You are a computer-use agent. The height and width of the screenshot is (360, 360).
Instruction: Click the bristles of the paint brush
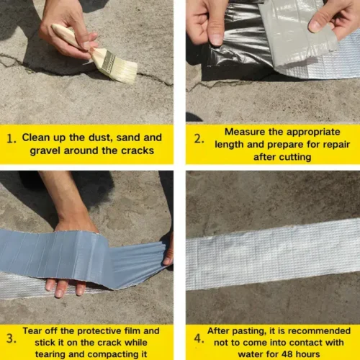pos(123,70)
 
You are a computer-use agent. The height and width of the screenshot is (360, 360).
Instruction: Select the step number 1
pos(12,139)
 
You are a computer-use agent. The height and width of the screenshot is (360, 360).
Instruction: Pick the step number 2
pos(199,139)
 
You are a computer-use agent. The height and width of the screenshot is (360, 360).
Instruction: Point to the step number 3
pos(12,338)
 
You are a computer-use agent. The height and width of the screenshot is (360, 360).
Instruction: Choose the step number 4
pos(199,338)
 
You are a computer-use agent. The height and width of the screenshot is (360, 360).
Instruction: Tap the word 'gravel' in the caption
pos(45,151)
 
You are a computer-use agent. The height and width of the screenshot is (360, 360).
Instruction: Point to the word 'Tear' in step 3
pos(32,330)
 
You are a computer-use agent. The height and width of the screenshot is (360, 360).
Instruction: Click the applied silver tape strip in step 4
pos(273,254)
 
